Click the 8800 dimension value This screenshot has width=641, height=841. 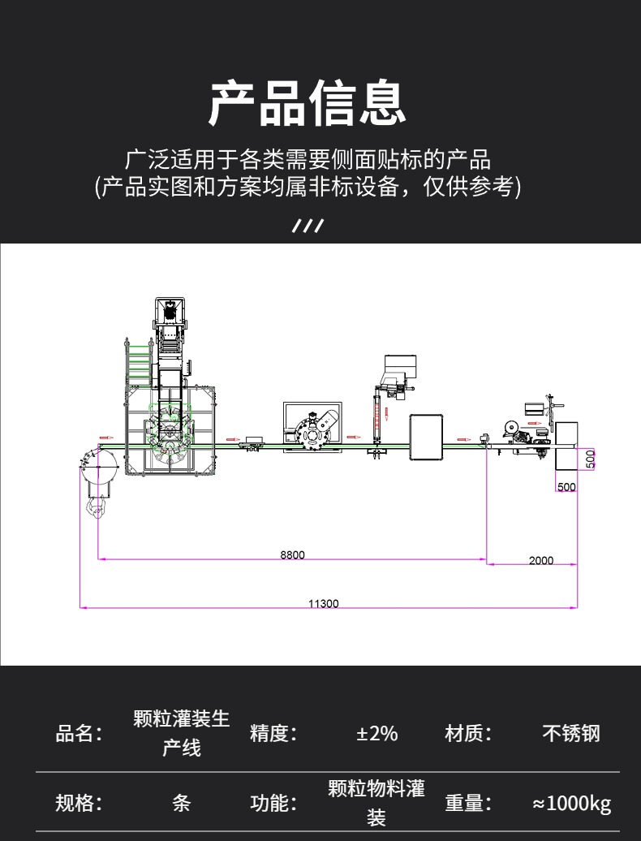click(x=292, y=554)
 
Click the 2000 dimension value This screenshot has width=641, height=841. click(x=541, y=560)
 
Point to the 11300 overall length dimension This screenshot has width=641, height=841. click(x=324, y=603)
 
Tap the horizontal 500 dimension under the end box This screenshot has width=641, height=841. click(x=566, y=487)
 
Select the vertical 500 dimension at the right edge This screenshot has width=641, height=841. click(x=591, y=459)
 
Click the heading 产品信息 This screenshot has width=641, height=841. click(x=308, y=104)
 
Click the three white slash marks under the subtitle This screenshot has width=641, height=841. click(x=308, y=226)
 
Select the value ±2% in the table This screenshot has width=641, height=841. click(x=376, y=734)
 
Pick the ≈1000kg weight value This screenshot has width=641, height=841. click(x=571, y=804)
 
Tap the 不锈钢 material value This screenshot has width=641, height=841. click(x=571, y=734)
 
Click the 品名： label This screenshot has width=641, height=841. click(x=79, y=734)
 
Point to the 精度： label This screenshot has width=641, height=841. click(x=273, y=734)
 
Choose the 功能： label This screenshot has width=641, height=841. click(x=273, y=804)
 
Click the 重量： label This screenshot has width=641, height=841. click(x=468, y=804)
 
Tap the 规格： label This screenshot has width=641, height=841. click(x=79, y=804)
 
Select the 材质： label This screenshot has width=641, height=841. click(x=468, y=734)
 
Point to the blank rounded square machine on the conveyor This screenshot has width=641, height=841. click(x=427, y=438)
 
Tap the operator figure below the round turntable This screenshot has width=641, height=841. click(x=97, y=508)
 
